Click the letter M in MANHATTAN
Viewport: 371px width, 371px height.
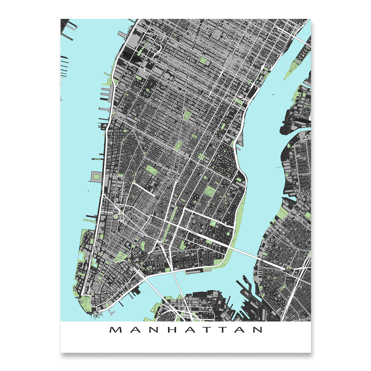[115, 330]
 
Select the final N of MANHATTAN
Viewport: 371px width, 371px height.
[257, 330]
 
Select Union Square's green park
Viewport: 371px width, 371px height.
[179, 145]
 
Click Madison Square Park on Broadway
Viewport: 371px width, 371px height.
[187, 116]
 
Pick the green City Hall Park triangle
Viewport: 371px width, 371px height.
[119, 257]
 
